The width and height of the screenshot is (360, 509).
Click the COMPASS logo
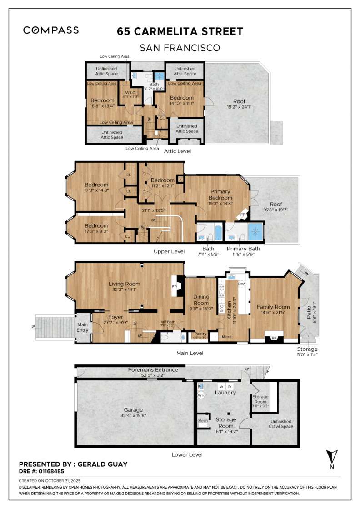coord(51,30)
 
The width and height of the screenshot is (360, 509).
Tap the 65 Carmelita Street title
coord(180,31)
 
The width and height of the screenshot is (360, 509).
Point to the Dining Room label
coord(201,300)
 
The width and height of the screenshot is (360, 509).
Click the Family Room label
coord(274,307)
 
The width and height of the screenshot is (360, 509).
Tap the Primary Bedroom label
coord(220,195)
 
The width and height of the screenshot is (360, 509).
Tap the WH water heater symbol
coord(201,395)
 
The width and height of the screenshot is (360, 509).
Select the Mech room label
coord(203,421)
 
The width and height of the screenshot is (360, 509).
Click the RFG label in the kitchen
coord(222,308)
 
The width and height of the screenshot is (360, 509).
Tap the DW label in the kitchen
coord(241,284)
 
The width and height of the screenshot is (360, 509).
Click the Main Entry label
coord(82,327)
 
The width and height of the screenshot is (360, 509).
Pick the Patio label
coord(309,311)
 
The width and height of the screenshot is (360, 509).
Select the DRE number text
coord(41,471)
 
